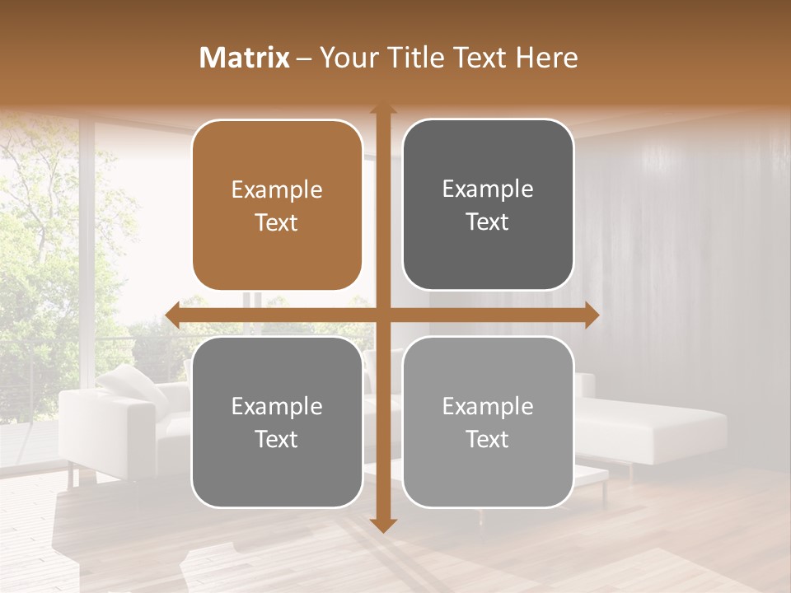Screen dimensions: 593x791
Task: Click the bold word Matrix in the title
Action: tap(245, 58)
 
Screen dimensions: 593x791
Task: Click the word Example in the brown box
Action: tap(277, 190)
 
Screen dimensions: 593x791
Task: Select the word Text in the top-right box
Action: tap(488, 222)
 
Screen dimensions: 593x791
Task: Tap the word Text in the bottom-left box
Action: tap(277, 439)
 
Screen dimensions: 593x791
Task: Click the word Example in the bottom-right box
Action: tap(488, 406)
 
